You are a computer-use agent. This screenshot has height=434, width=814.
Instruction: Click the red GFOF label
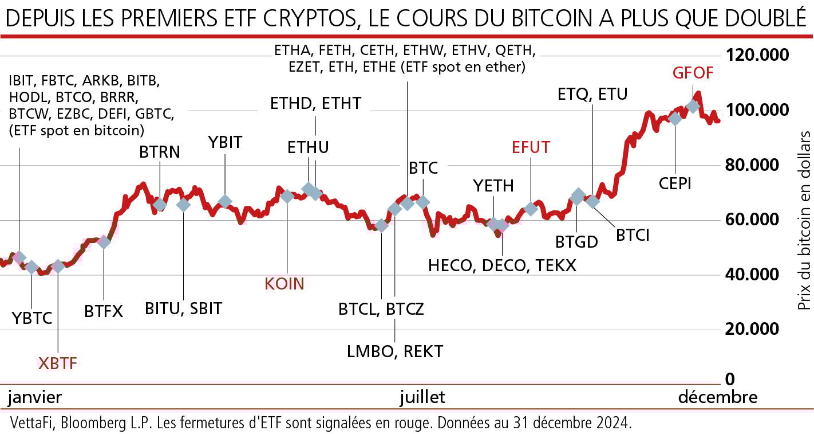click(693, 73)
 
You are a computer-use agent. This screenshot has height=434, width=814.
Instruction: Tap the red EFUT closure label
click(531, 147)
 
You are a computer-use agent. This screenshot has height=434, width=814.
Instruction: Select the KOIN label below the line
click(284, 283)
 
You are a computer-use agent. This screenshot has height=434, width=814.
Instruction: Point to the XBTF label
click(57, 363)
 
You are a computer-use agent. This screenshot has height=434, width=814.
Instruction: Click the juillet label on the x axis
click(422, 397)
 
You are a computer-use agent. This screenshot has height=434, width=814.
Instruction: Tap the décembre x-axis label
click(717, 397)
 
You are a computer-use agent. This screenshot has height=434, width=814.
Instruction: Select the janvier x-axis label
click(35, 397)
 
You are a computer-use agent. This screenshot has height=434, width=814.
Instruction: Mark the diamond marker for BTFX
click(104, 241)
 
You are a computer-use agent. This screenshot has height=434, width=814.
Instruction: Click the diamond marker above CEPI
click(675, 119)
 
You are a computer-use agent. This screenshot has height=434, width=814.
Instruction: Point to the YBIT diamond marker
click(225, 201)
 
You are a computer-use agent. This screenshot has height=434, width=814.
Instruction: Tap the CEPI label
click(674, 183)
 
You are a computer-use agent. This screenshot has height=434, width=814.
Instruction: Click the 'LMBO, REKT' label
click(395, 351)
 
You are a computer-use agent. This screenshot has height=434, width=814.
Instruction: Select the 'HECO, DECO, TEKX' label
click(502, 265)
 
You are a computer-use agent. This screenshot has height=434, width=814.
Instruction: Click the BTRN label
click(159, 153)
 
